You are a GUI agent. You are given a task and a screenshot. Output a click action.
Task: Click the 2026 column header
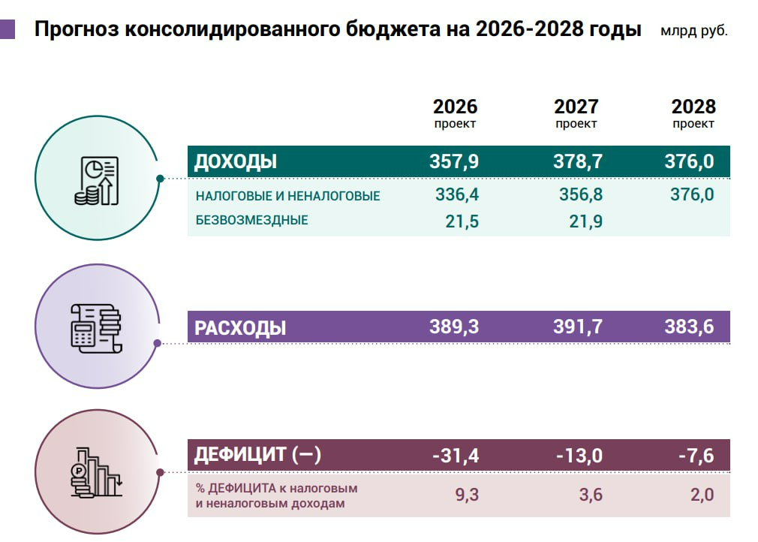pyautogui.click(x=455, y=107)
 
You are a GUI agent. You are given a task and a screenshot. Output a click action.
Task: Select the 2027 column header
pyautogui.click(x=576, y=107)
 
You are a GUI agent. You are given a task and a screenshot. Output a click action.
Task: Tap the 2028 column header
pyautogui.click(x=693, y=107)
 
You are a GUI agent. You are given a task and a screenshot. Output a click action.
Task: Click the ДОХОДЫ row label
pyautogui.click(x=236, y=161)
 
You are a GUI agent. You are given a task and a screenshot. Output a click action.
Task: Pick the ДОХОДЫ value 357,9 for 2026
pyautogui.click(x=454, y=161)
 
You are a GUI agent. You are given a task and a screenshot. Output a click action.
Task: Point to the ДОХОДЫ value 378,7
pyautogui.click(x=578, y=161)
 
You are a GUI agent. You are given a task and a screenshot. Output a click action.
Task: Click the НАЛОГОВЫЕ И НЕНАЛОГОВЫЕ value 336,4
pyautogui.click(x=457, y=195)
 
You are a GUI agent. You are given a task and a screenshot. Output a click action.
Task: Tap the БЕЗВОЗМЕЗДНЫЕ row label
pyautogui.click(x=251, y=221)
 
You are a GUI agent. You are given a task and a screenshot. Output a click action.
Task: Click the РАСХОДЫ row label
pyautogui.click(x=240, y=328)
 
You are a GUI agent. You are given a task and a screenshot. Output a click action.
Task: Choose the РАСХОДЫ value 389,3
pyautogui.click(x=454, y=327)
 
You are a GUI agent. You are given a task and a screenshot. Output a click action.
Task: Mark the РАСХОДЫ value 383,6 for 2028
pyautogui.click(x=688, y=327)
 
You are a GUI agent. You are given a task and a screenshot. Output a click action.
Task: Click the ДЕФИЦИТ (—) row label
pyautogui.click(x=257, y=455)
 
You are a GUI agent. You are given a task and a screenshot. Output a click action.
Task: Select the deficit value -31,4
pyautogui.click(x=456, y=455)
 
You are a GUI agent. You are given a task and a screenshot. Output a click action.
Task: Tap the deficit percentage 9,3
pyautogui.click(x=466, y=495)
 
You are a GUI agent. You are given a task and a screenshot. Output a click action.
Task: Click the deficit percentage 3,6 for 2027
pyautogui.click(x=590, y=495)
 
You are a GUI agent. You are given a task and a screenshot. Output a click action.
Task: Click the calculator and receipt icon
pyautogui.click(x=95, y=327)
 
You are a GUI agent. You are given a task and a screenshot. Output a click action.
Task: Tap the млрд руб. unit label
pyautogui.click(x=694, y=32)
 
